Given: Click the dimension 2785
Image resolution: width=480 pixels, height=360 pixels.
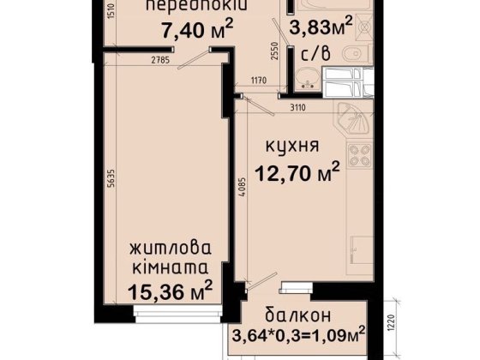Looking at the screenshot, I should pyautogui.click(x=157, y=59).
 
